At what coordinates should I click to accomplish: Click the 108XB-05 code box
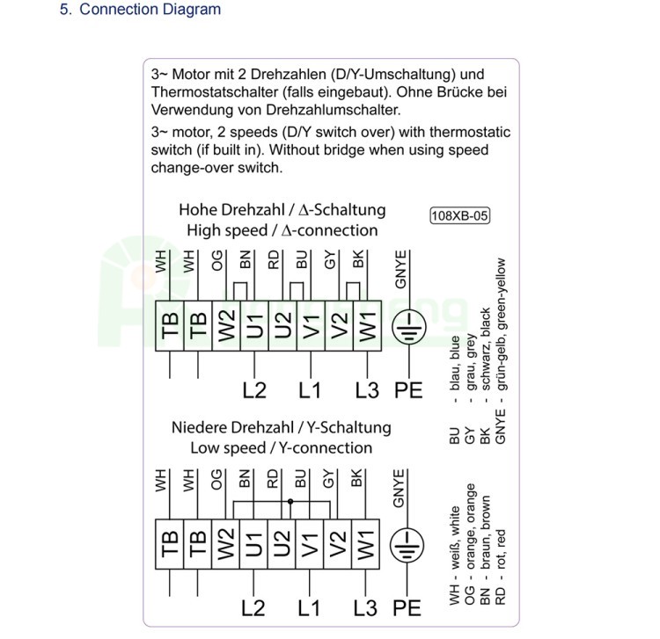coord(459,216)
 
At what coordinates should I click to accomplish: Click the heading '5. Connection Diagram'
coord(140,11)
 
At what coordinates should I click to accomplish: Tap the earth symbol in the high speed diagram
coord(407,325)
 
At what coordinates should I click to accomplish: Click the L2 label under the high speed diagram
coord(253,389)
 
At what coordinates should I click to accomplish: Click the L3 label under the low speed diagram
coord(366,607)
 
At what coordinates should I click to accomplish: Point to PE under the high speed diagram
coord(408,389)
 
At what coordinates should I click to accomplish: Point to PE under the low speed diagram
coord(408,607)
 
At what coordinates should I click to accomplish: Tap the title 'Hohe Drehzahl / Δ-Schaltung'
coord(282,210)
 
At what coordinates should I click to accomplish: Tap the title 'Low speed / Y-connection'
coord(282,447)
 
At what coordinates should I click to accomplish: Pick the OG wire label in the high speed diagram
coord(217,260)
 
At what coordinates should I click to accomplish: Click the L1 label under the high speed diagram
coord(310,389)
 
